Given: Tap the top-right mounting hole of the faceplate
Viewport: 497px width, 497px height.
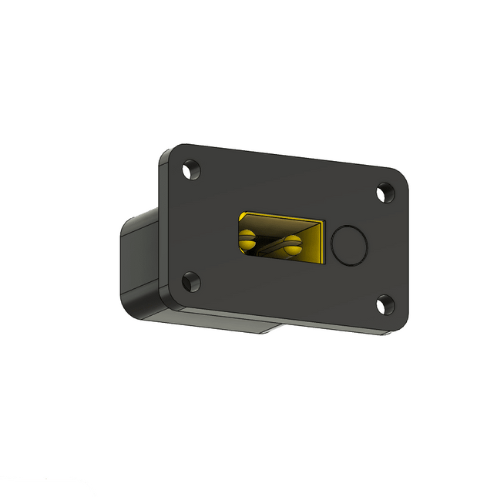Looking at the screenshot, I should point(385,193).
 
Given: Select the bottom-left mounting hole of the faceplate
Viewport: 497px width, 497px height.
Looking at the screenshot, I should point(189,281).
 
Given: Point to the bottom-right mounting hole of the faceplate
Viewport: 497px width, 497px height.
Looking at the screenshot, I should point(385,306).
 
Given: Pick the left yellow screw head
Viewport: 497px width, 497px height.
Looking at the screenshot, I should point(247,239).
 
